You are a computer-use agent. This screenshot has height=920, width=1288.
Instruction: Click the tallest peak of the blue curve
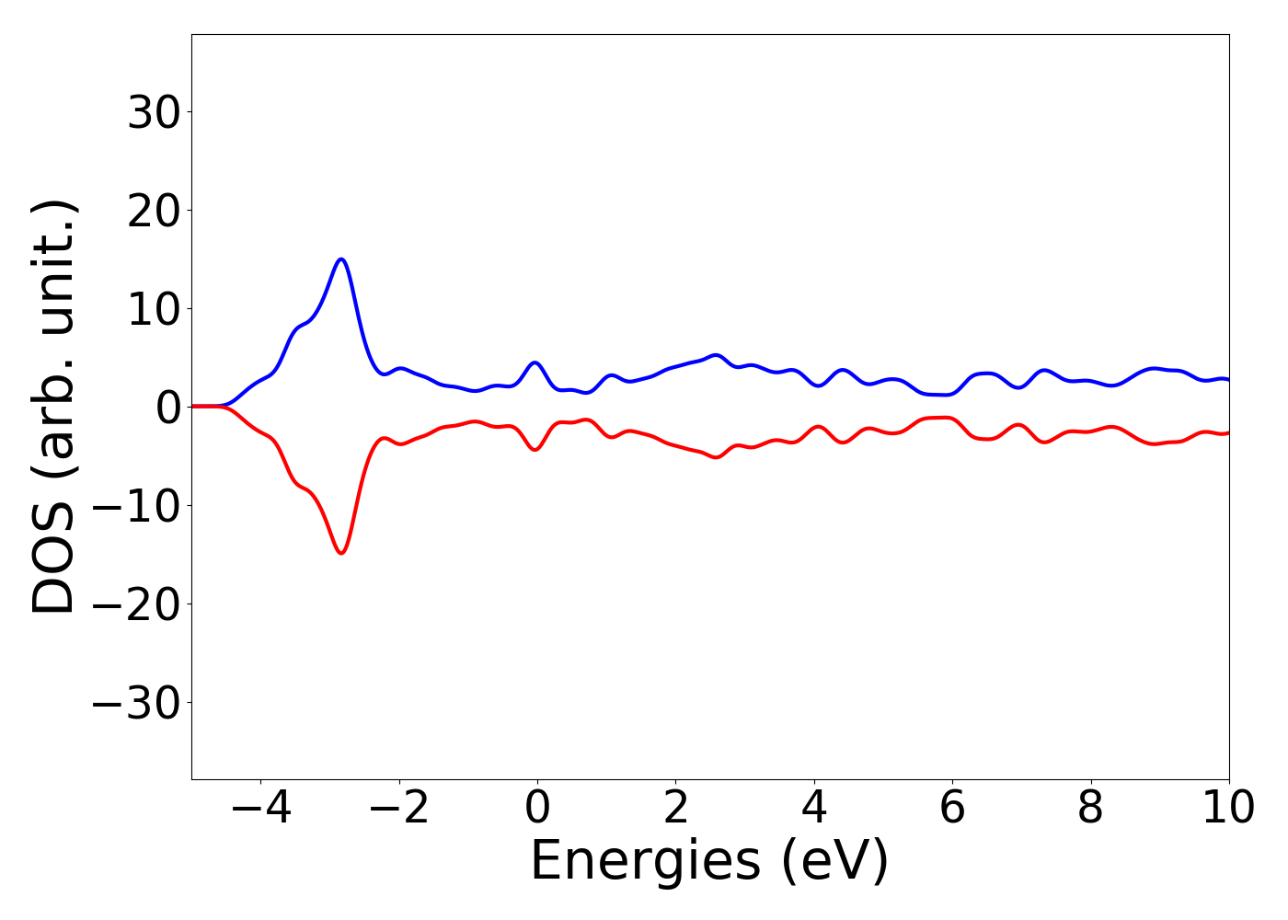341,259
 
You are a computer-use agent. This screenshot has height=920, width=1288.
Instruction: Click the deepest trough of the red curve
341,553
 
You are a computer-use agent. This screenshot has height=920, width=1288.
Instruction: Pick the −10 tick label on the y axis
141,506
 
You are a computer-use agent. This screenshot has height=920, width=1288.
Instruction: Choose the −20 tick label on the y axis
141,604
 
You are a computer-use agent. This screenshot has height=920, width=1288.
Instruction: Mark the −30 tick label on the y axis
141,703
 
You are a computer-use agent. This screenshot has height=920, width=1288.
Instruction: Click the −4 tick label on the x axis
260,808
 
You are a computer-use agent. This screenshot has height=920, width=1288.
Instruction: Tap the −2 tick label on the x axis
399,808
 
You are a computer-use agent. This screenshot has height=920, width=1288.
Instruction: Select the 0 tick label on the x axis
537,808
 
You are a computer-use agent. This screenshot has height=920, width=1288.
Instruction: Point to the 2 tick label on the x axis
676,808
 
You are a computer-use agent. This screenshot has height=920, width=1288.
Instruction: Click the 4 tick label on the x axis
814,808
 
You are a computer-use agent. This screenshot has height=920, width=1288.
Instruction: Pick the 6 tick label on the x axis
952,808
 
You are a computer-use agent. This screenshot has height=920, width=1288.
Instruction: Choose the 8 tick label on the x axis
1090,808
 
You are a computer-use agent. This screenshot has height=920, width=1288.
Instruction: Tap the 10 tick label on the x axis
1227,808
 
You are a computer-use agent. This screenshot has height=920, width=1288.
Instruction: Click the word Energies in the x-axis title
645,862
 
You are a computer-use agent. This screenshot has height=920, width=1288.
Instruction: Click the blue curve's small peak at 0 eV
535,362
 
